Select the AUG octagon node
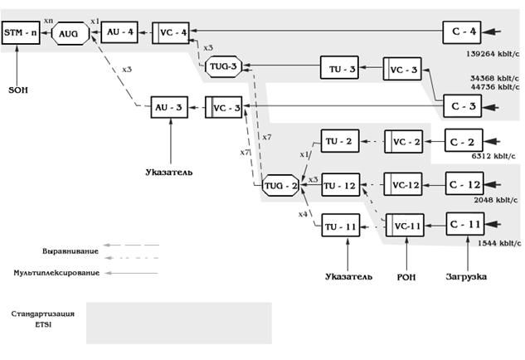pyautogui.click(x=68, y=33)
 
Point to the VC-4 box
pyautogui.click(x=171, y=32)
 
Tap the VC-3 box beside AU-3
pyautogui.click(x=225, y=108)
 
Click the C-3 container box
pyautogui.click(x=464, y=107)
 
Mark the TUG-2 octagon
pyautogui.click(x=280, y=185)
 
